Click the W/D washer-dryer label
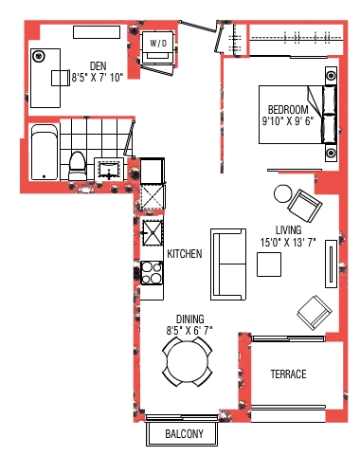(158, 43)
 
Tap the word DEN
(99, 66)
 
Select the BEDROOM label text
(288, 110)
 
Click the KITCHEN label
(185, 254)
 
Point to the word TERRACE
(288, 374)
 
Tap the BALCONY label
(184, 434)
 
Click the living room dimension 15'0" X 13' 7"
(288, 243)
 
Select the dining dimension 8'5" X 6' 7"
(189, 331)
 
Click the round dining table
(188, 362)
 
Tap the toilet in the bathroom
(78, 166)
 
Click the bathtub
(45, 153)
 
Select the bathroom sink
(109, 170)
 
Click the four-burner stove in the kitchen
(152, 273)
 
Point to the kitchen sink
(153, 233)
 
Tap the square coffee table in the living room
(269, 264)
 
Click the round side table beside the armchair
(283, 193)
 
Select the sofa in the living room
(228, 264)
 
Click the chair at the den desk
(61, 78)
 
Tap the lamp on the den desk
(39, 56)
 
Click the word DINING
(189, 319)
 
